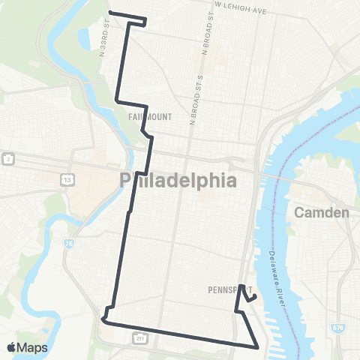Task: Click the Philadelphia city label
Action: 178,181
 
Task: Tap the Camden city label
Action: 322,212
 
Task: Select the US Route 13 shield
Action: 67,180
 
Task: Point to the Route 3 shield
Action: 7,159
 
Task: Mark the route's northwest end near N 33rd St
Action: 110,12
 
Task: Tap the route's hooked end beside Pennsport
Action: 256,297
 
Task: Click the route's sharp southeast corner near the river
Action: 258,346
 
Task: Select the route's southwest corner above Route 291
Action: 103,321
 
